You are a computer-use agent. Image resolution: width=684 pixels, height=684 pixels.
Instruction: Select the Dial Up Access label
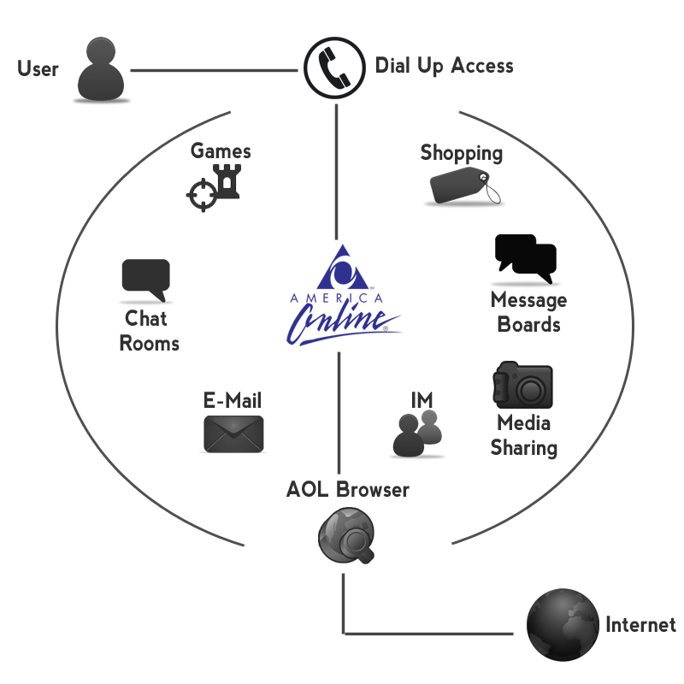point(444,66)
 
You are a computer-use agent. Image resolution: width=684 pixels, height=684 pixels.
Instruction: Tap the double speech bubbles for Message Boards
point(526,259)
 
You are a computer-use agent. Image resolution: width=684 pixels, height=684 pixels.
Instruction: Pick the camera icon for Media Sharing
point(523,385)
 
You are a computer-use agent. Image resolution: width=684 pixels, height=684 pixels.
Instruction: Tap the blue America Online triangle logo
point(342,268)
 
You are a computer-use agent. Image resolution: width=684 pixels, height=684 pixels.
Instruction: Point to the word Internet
point(640,625)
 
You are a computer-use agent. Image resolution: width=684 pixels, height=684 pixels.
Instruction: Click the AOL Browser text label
point(348,490)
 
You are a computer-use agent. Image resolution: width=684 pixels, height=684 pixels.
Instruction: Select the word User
point(38,68)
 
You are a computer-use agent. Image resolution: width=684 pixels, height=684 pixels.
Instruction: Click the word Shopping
point(462,153)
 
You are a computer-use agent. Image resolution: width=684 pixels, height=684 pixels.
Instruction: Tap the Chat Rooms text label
point(149,331)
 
